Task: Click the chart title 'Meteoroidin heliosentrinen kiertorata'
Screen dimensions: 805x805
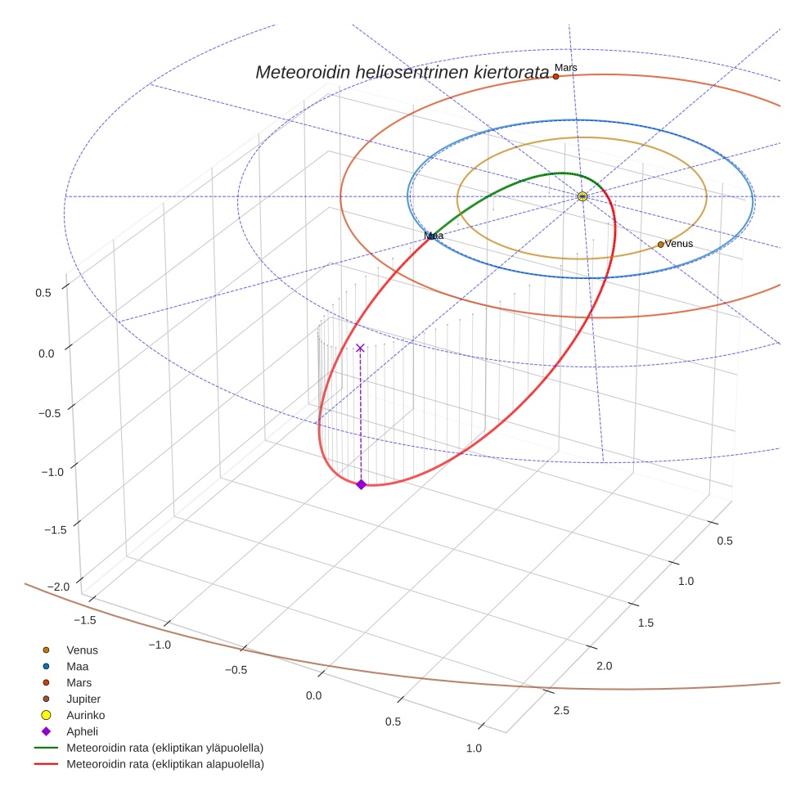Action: [402, 73]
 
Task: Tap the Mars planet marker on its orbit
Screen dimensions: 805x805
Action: [555, 76]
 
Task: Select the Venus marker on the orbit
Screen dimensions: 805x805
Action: [660, 244]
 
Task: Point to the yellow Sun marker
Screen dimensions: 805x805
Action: [582, 196]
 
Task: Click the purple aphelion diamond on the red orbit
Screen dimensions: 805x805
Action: [361, 484]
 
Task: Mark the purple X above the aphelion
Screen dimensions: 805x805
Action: [360, 348]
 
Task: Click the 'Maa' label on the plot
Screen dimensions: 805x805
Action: [434, 236]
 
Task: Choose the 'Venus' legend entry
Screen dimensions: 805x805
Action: [82, 650]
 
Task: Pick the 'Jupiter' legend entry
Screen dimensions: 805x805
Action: [83, 699]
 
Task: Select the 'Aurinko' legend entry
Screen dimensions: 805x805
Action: [85, 715]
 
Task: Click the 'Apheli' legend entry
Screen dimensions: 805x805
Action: [82, 731]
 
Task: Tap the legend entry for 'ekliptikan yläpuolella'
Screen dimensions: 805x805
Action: [164, 748]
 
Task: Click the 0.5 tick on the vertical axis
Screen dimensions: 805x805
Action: [43, 292]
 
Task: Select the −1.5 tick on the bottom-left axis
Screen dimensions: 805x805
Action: [82, 620]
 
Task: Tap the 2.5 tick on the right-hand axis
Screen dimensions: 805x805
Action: [560, 711]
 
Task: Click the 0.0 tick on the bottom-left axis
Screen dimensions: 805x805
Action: [313, 695]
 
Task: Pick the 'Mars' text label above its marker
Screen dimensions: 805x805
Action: [565, 67]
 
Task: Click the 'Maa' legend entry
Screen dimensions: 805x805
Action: [77, 667]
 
